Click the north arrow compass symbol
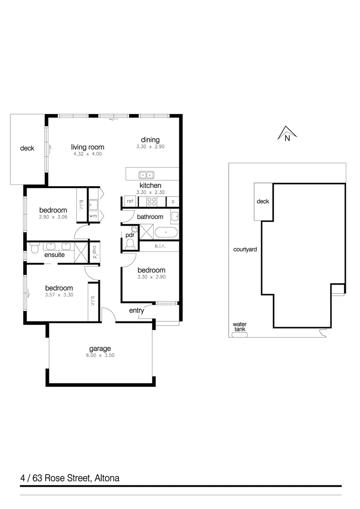[286, 134]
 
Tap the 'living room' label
[88, 147]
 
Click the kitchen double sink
[146, 174]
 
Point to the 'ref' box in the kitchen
[130, 201]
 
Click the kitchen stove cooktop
[153, 201]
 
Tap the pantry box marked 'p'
[173, 202]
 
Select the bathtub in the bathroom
[166, 232]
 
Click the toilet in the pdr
[131, 243]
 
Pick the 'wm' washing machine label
[93, 216]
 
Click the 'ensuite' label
[55, 255]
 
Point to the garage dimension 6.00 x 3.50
[100, 355]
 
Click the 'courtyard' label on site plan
[245, 249]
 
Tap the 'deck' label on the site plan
[263, 201]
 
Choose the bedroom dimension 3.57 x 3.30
[59, 295]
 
